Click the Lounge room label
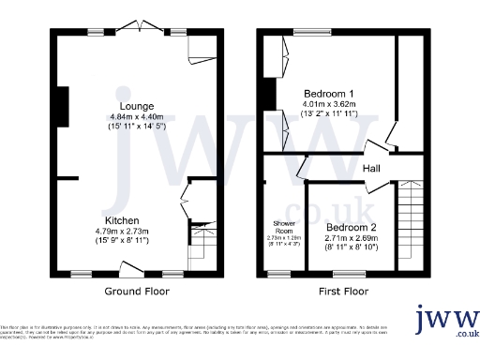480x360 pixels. pyautogui.click(x=136, y=106)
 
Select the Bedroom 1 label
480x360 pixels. pyautogui.click(x=328, y=93)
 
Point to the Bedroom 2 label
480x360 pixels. pyautogui.click(x=352, y=228)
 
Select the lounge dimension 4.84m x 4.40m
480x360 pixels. pyautogui.click(x=136, y=116)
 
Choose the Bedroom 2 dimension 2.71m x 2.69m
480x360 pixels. pyautogui.click(x=352, y=238)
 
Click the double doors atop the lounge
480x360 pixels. pyautogui.click(x=140, y=26)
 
